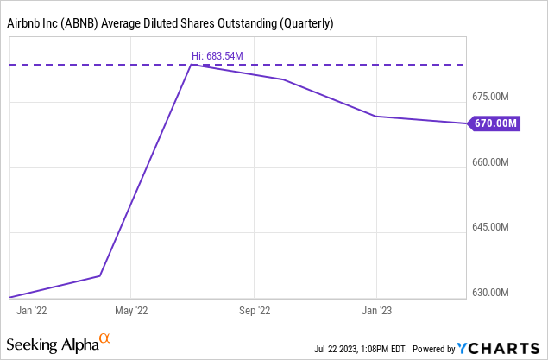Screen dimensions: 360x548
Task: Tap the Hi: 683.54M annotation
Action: [x=217, y=56]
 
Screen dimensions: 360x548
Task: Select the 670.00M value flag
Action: [x=495, y=123]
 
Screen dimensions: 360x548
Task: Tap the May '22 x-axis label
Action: [x=130, y=308]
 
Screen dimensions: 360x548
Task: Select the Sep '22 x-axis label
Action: [x=254, y=308]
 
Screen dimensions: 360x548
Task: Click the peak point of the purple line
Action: [x=192, y=64]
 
